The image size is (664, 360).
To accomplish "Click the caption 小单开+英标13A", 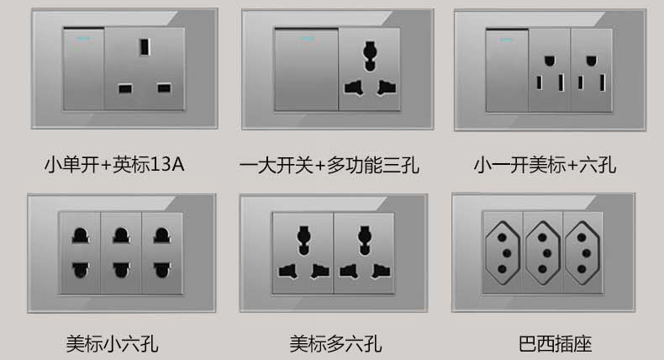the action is coord(114,165).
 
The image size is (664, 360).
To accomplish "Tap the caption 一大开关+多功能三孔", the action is coord(329,165).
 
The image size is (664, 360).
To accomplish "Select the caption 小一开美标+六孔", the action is coord(545,165).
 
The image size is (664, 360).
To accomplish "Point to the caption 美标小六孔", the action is coord(113,343).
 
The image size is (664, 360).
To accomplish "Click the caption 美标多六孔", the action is coord(335,343).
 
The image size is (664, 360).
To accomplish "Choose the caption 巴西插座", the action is coord(556,343).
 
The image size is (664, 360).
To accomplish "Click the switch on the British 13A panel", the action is coord(83,69).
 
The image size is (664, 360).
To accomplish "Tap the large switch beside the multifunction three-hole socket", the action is coord(306,70).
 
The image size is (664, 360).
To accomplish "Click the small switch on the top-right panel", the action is coord(507,71).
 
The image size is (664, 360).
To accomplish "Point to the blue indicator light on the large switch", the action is coord(308,40).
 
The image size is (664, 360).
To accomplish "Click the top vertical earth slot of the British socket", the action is coord(145,47).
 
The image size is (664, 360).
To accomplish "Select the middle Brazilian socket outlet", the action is coord(543,253).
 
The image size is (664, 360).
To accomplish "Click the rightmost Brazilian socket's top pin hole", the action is coord(582,237).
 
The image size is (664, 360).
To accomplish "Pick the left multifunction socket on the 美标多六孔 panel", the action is coord(303,252).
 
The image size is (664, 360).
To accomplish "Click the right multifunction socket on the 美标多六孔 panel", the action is coord(364,252).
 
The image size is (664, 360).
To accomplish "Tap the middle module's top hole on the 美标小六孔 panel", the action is coord(121,236).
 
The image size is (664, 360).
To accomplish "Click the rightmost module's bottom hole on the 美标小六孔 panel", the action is coord(161,270).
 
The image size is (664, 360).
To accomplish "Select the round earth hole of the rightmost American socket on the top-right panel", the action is coord(591,61).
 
